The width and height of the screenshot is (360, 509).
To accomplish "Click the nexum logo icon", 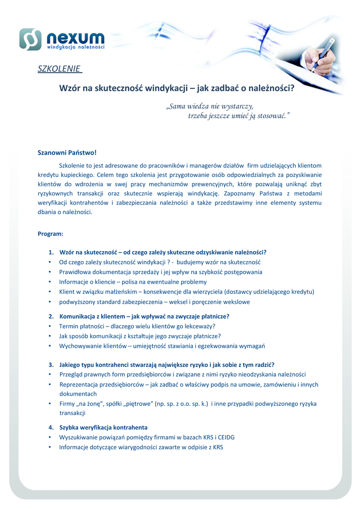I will point(30,39).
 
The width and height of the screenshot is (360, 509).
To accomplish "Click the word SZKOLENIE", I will point(59,68).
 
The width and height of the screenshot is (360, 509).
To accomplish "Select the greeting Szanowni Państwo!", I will point(67,153).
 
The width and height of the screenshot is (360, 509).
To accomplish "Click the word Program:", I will point(50,233).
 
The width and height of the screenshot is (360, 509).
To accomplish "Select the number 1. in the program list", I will point(51,252).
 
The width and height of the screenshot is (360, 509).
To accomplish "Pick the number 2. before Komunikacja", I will point(51,316).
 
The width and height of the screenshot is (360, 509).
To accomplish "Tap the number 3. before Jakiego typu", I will point(51,364).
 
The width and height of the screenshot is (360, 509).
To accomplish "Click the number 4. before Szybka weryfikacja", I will point(51,427).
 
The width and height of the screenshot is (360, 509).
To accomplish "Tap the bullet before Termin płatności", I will point(50,326).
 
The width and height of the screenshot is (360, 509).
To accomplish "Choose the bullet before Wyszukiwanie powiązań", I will point(50,437).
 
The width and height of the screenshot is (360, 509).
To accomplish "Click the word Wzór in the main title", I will point(70,89).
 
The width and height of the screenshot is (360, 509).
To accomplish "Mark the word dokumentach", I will point(78,394).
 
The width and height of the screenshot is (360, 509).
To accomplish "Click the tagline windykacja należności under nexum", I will point(76,47).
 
